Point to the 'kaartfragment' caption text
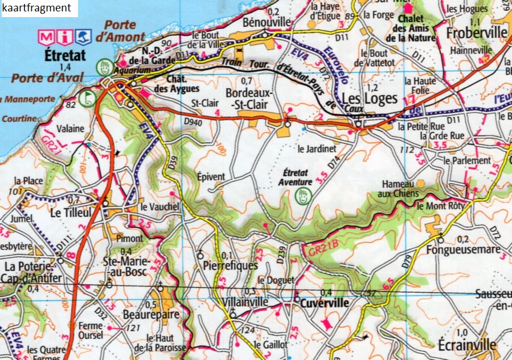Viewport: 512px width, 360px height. pyautogui.click(x=37, y=8)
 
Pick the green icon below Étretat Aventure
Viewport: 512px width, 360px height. pyautogui.click(x=302, y=197)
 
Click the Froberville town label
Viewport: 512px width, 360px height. pyautogui.click(x=477, y=32)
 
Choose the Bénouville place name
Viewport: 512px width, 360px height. pyautogui.click(x=266, y=22)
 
